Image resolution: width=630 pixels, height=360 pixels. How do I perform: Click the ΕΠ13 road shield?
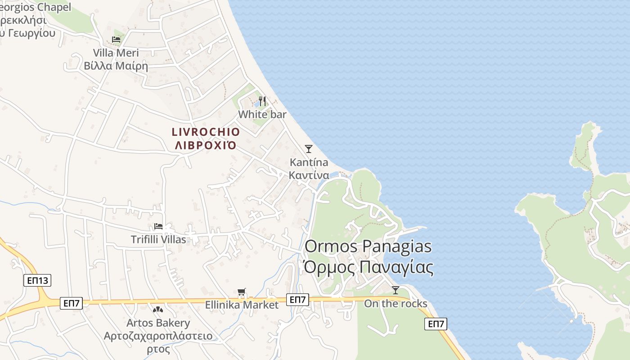[x=37, y=281]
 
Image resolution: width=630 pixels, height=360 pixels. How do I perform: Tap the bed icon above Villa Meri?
[x=116, y=40]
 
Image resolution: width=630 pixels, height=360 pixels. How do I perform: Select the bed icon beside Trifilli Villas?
[x=158, y=226]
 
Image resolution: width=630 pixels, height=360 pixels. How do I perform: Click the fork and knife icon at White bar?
[x=263, y=101]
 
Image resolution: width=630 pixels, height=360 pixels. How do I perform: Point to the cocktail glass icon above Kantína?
[x=308, y=148]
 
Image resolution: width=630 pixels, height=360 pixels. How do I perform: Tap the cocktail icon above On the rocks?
[x=395, y=290]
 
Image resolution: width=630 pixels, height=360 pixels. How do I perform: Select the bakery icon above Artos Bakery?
[x=158, y=310]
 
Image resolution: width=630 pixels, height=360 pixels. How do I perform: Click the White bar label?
[x=262, y=114]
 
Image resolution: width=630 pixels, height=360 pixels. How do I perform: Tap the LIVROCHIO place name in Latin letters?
[x=206, y=132]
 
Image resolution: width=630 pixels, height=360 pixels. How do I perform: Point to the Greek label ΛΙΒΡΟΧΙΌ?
[x=206, y=145]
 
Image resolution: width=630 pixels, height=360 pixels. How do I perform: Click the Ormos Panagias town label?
[x=368, y=247]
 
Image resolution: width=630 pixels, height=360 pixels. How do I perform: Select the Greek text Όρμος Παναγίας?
[x=368, y=267]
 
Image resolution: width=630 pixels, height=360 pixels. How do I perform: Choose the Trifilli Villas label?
[x=158, y=239]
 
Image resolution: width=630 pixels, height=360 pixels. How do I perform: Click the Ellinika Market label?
[x=242, y=305]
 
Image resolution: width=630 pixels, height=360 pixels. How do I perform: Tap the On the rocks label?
[x=396, y=304]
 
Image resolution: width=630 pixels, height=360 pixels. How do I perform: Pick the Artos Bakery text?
[x=158, y=323]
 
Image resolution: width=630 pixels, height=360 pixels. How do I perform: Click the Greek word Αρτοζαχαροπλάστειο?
[x=158, y=336]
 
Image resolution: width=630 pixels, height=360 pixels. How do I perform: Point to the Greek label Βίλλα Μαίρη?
[x=116, y=66]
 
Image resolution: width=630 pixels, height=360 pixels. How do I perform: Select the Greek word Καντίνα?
[x=309, y=175]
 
